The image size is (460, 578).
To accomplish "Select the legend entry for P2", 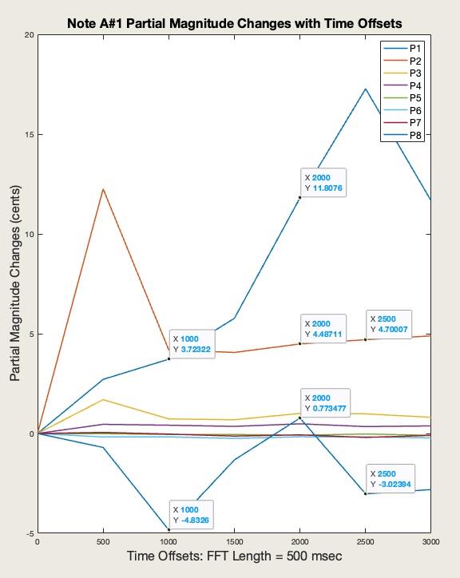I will (415, 61).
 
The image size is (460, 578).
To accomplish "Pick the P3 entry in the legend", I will (415, 73).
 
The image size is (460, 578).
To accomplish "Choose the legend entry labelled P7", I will (415, 123).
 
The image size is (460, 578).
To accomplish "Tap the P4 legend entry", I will (415, 85).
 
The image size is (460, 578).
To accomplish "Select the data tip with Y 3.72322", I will (192, 344).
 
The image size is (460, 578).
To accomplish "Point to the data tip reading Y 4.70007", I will (390, 324).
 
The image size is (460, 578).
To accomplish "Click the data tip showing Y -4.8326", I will (192, 515).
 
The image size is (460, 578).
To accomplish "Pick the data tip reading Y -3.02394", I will (390, 479).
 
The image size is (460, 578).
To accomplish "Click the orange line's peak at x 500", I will (103, 189).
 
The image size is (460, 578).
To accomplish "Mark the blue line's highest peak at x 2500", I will (365, 89).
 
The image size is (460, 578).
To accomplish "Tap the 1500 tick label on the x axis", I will (234, 542).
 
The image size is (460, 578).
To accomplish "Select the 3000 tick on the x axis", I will (430, 542).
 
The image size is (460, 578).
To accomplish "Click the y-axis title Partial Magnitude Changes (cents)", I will (14, 283).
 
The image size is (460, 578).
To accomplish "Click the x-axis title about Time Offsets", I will (234, 556).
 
